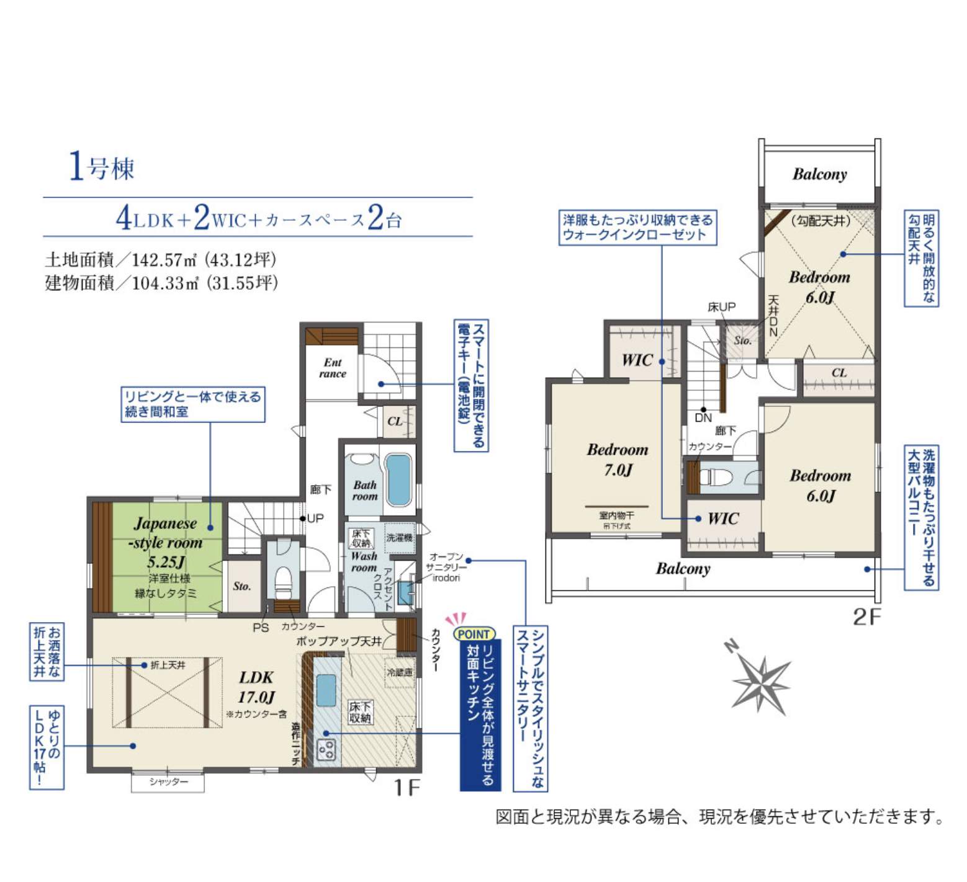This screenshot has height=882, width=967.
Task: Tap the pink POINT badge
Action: pyautogui.click(x=474, y=634)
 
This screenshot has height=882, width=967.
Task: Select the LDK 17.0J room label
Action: pyautogui.click(x=256, y=687)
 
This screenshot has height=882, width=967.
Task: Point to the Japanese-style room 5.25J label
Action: pyautogui.click(x=166, y=542)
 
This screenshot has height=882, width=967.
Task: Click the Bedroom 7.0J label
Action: pyautogui.click(x=618, y=460)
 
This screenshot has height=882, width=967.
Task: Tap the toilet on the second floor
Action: pyautogui.click(x=716, y=477)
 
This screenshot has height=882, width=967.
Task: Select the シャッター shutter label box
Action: pyautogui.click(x=168, y=782)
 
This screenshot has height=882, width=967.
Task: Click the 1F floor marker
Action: pyautogui.click(x=407, y=788)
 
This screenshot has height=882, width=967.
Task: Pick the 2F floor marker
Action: pyautogui.click(x=866, y=617)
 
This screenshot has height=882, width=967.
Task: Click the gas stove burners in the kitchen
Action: pyautogui.click(x=326, y=750)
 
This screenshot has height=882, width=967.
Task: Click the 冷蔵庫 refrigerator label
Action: pyautogui.click(x=400, y=672)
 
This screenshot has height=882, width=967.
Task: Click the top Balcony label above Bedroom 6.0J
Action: pyautogui.click(x=819, y=174)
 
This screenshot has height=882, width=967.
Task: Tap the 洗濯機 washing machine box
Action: pyautogui.click(x=399, y=537)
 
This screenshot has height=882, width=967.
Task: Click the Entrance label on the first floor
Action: pyautogui.click(x=333, y=368)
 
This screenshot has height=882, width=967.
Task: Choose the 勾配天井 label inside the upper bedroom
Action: pyautogui.click(x=821, y=221)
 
